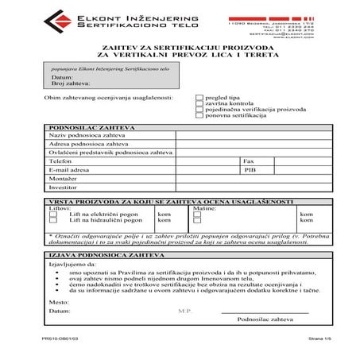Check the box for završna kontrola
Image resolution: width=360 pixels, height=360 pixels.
click(x=199, y=104)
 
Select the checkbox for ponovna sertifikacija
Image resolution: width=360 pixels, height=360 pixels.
click(x=199, y=117)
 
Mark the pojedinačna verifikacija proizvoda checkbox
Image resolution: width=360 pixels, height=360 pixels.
click(x=199, y=110)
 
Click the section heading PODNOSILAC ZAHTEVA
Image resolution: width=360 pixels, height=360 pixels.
click(x=92, y=127)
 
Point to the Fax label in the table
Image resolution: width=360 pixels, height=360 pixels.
click(x=249, y=161)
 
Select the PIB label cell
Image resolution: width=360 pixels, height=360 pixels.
click(x=250, y=169)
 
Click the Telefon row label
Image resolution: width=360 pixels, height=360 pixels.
click(x=61, y=161)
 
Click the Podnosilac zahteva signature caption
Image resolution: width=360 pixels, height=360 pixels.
click(x=265, y=319)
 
